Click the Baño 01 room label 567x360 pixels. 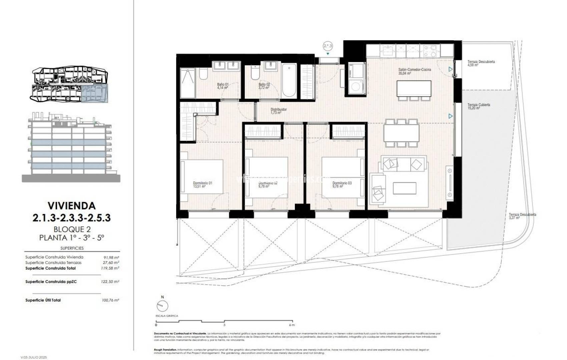[222, 86]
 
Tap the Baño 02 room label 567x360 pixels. [264, 86]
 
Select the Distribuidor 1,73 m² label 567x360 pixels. [278, 111]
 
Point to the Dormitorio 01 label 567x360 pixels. [202, 185]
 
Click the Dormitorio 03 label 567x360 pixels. [342, 185]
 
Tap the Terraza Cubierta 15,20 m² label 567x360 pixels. [478, 106]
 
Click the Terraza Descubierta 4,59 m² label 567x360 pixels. [481, 63]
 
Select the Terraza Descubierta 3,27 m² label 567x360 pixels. [522, 216]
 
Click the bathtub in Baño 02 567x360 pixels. [289, 81]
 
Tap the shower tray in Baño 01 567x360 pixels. [187, 83]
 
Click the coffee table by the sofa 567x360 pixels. [404, 188]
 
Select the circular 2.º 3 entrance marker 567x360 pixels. [328, 46]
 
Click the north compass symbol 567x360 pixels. [162, 305]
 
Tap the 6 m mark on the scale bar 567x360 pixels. [292, 325]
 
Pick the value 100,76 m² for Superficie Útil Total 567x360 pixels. [110, 300]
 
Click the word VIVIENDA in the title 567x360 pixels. [71, 205]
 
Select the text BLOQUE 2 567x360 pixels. [72, 229]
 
